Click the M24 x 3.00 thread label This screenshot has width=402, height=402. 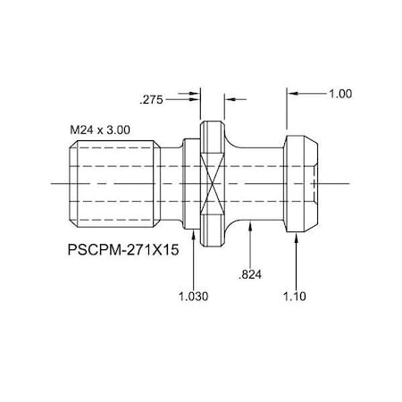tap(100, 129)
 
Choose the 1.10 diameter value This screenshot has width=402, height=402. tap(297, 296)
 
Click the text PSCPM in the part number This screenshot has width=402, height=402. tap(90, 253)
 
